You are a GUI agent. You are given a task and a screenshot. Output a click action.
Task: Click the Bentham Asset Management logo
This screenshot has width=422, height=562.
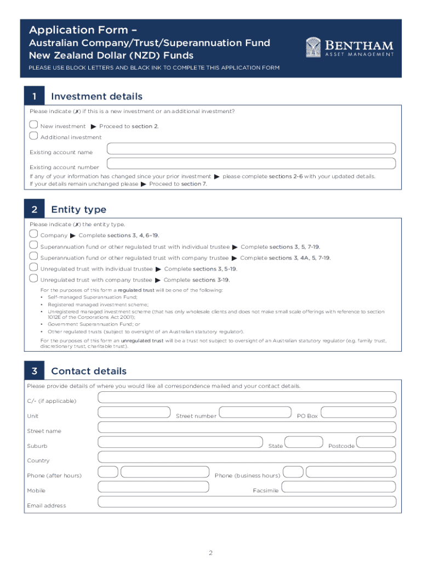(x=349, y=47)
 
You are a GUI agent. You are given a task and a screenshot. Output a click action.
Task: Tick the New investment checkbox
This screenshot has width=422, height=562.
(x=33, y=125)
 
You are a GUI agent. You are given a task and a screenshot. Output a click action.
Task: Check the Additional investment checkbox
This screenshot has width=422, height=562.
(x=33, y=136)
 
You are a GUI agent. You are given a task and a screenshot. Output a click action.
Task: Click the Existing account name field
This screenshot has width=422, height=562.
(x=251, y=148)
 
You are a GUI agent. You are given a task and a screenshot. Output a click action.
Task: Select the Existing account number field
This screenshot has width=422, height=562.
(x=251, y=163)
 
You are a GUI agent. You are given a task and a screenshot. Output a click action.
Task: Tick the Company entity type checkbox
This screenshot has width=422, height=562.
(x=33, y=234)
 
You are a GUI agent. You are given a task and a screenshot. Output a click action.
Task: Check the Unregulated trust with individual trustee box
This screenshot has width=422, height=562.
(x=33, y=268)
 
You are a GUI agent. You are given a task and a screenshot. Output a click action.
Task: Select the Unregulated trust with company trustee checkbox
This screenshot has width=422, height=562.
(x=33, y=279)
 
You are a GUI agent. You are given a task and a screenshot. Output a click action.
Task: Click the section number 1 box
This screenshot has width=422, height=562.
(x=34, y=97)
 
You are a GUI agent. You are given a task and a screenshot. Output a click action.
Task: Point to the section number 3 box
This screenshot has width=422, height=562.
(x=34, y=372)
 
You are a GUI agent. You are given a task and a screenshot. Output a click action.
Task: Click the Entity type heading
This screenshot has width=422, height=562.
(x=78, y=210)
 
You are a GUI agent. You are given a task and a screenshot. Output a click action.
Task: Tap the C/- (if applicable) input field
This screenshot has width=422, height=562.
(x=247, y=397)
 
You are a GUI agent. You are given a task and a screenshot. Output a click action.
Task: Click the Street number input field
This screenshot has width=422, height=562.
(x=254, y=412)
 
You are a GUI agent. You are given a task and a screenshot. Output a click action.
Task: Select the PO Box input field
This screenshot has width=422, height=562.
(x=358, y=412)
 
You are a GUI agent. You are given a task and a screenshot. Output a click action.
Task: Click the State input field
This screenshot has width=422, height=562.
(x=304, y=442)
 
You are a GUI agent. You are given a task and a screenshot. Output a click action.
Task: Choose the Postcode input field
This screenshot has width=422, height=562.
(x=375, y=442)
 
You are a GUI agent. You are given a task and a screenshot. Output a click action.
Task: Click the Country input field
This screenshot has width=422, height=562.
(x=247, y=457)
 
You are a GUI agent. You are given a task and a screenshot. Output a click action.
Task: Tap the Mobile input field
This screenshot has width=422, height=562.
(x=153, y=486)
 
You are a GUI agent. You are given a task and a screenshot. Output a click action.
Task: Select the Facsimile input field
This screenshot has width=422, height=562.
(x=338, y=486)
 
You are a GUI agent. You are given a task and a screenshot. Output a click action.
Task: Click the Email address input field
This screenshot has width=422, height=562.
(x=247, y=501)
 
